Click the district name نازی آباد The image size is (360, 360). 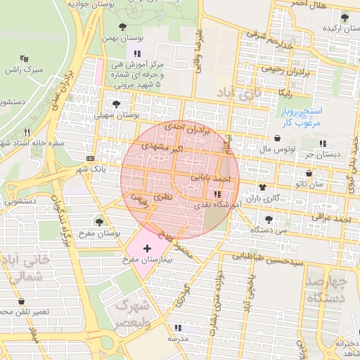pos(238,92)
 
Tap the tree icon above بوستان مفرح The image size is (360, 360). pos(98,221)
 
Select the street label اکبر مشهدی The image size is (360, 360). pos(163,147)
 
